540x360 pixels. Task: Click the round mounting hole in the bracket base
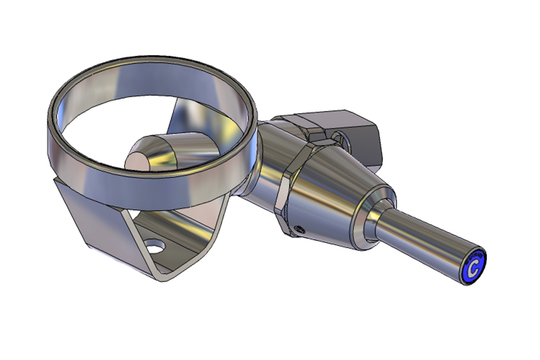pos(155,247)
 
